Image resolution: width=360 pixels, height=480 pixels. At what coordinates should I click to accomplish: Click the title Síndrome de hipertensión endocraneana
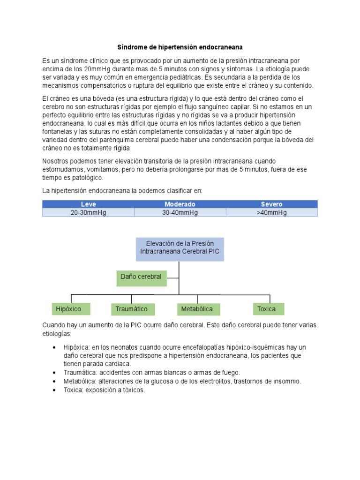(180, 47)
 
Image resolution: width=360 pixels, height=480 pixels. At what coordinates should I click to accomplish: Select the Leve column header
(88, 204)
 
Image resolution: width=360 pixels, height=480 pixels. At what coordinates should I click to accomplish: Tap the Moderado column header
(180, 204)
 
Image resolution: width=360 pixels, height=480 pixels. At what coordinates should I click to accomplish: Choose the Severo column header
(271, 204)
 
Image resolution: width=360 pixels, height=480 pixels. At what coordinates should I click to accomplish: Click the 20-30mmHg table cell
(88, 212)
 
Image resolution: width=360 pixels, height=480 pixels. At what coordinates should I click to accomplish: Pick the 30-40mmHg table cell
(180, 212)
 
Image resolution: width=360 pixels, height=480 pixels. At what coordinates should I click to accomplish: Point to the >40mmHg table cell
(271, 212)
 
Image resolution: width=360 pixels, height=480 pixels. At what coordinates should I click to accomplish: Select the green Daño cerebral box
(141, 277)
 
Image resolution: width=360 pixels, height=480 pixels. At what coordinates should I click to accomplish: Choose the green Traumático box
(132, 309)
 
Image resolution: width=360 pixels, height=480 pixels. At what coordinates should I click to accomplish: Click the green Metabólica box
(197, 309)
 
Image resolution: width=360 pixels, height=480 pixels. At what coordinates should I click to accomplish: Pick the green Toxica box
(267, 309)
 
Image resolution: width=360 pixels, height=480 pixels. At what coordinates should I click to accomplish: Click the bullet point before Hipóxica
(55, 347)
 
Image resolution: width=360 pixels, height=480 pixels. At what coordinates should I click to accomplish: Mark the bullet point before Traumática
(55, 373)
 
